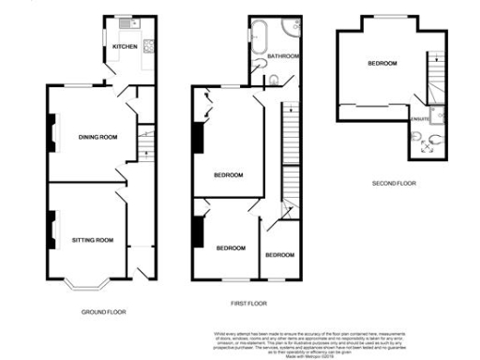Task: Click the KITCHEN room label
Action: [125, 46]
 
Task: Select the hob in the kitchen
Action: [149, 43]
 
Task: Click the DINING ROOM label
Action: [97, 138]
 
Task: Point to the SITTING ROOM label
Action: [92, 240]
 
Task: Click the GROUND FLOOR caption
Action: [103, 311]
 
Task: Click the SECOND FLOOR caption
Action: [393, 183]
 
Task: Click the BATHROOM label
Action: [283, 56]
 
